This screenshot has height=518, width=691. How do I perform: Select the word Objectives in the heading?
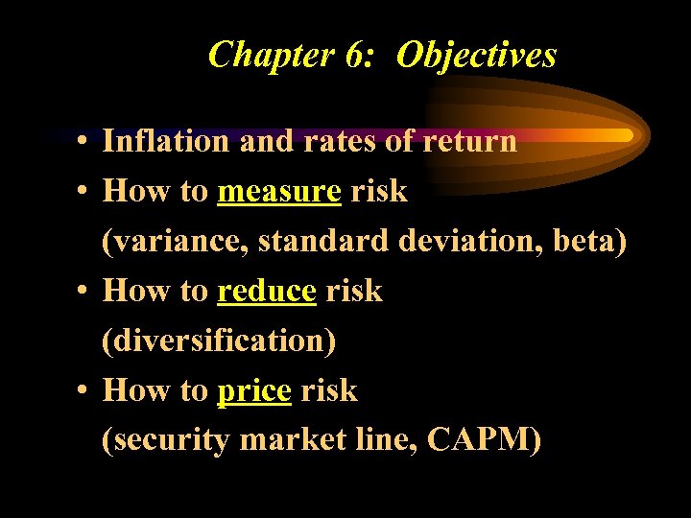476,55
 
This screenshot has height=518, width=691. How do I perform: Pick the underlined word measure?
279,192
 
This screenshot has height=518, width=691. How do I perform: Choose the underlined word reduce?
267,291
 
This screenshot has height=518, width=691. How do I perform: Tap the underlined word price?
254,391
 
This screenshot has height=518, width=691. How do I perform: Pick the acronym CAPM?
483,440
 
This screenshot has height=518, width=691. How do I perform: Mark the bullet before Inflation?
85,143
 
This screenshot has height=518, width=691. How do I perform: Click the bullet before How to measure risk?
85,193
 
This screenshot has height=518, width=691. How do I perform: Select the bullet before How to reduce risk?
85,293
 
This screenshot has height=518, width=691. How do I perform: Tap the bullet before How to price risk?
85,392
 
